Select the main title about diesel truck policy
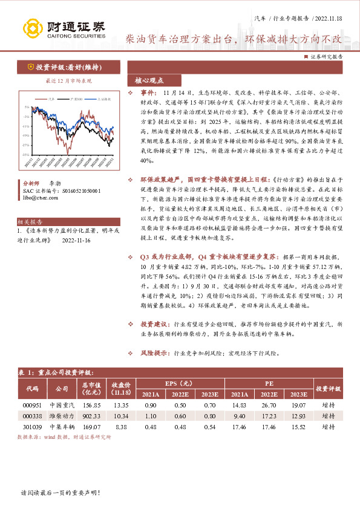(234, 39)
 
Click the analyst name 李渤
(56, 183)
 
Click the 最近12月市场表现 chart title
(68, 79)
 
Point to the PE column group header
(269, 383)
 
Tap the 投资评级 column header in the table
(329, 389)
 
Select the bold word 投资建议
(155, 324)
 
